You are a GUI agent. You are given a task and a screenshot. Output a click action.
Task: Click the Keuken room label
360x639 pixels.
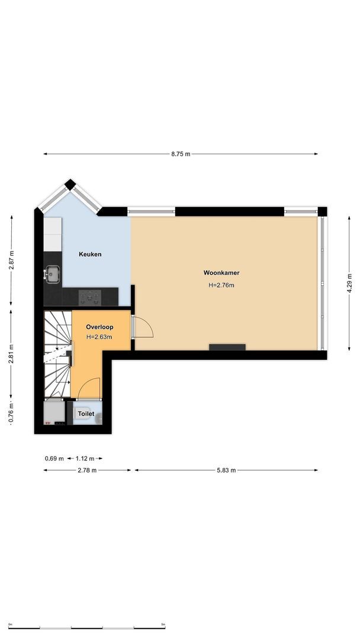(x=90, y=254)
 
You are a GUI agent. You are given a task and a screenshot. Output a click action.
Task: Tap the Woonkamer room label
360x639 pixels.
(x=221, y=273)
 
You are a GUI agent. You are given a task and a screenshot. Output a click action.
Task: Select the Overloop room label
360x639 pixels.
(x=99, y=327)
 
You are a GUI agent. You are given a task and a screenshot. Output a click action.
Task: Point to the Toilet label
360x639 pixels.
(x=86, y=414)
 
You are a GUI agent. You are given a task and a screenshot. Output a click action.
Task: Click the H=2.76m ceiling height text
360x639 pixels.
(x=221, y=285)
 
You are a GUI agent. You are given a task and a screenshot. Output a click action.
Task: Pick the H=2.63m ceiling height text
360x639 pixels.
(x=99, y=337)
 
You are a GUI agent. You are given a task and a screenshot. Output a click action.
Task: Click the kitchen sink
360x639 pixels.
(x=52, y=273)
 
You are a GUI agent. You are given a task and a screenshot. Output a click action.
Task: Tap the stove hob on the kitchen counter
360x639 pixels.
(x=91, y=295)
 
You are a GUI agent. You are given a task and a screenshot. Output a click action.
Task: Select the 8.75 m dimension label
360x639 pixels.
(x=181, y=154)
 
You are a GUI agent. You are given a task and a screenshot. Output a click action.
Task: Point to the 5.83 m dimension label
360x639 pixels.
(x=226, y=470)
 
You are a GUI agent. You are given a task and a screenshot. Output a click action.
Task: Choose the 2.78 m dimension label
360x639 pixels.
(x=86, y=470)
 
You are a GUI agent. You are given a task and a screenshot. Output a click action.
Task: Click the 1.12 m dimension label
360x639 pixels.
(x=85, y=459)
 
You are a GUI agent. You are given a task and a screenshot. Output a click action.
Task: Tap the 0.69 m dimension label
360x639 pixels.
(x=54, y=459)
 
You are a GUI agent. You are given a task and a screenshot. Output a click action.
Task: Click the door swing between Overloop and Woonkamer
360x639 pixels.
(x=143, y=327)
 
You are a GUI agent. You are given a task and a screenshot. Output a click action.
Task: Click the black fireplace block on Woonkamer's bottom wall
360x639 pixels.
(x=227, y=347)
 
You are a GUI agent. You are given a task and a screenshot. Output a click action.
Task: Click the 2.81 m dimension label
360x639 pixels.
(x=11, y=353)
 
